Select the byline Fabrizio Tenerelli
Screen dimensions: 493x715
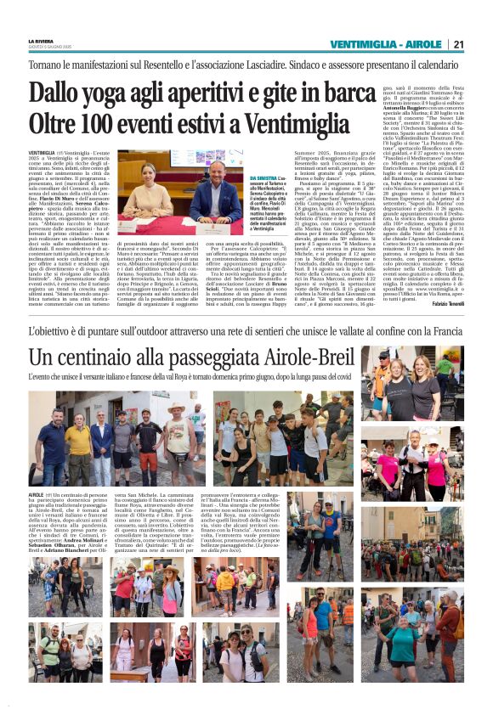click(x=441, y=304)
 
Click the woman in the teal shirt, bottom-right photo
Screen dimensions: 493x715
click(x=404, y=646)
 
